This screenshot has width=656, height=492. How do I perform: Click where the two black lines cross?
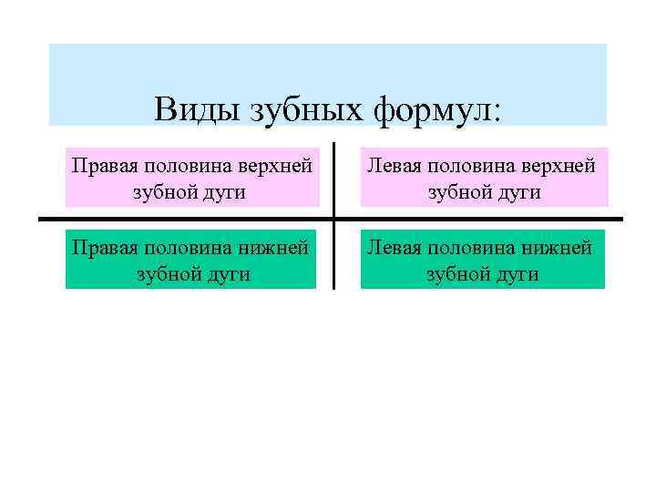tap(333, 219)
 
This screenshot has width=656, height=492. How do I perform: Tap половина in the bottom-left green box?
tap(188, 247)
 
